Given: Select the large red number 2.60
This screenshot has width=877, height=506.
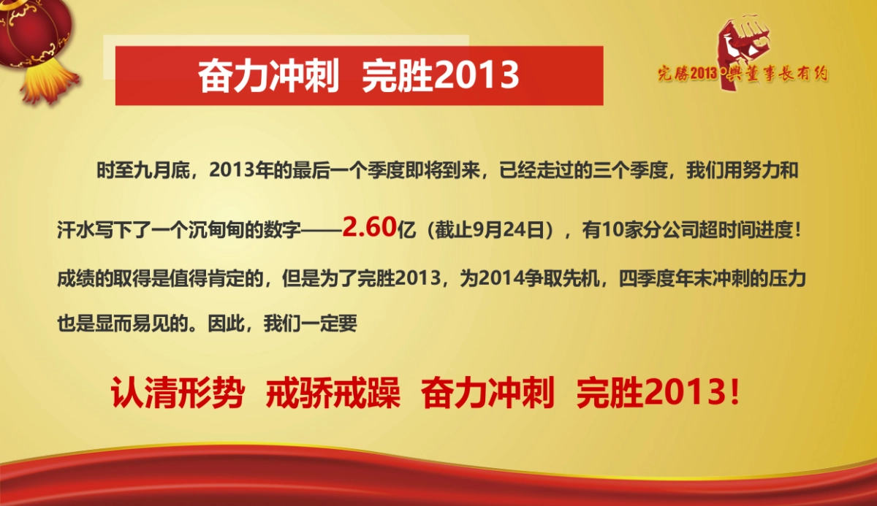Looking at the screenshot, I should pyautogui.click(x=368, y=227).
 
